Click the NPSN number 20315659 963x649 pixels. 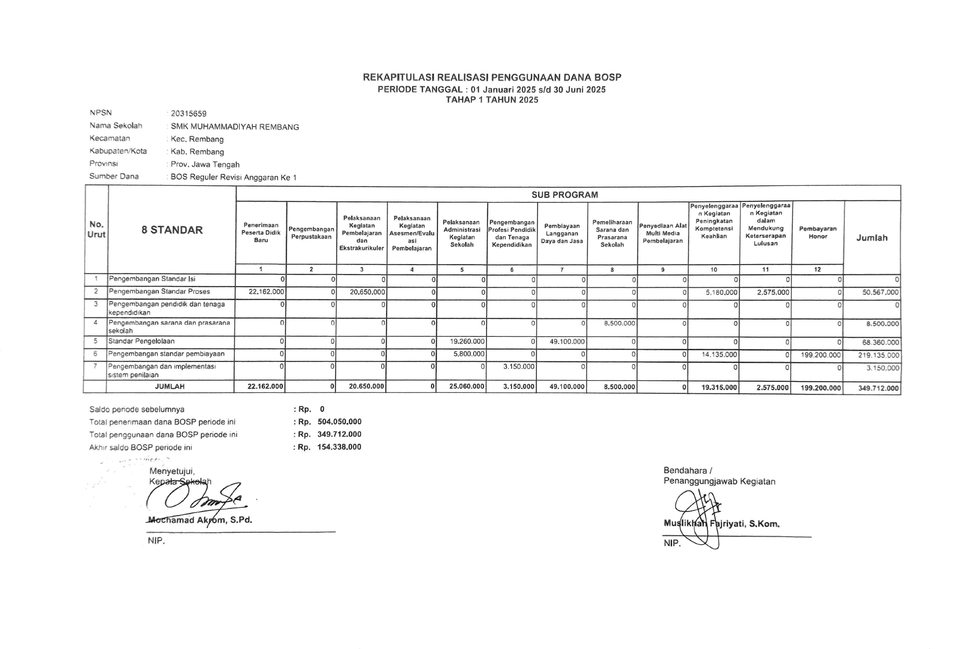click(188, 113)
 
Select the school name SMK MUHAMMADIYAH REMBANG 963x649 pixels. click(235, 127)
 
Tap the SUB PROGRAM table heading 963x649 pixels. click(564, 195)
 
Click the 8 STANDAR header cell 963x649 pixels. click(172, 230)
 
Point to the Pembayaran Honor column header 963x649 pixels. click(818, 233)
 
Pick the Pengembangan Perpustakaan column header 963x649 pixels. click(311, 233)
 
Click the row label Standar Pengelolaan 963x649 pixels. click(141, 341)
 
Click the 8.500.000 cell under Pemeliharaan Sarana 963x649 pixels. click(619, 323)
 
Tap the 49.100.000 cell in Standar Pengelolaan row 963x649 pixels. click(567, 342)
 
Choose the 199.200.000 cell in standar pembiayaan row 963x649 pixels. click(820, 355)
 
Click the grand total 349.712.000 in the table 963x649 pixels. click(878, 388)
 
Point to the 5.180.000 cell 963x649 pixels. click(721, 292)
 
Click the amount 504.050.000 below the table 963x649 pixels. click(339, 422)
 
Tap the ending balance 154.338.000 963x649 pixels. click(339, 447)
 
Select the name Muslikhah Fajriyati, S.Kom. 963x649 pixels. click(721, 523)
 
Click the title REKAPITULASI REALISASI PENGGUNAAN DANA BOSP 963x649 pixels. click(492, 77)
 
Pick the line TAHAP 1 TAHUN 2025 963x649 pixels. click(492, 100)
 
